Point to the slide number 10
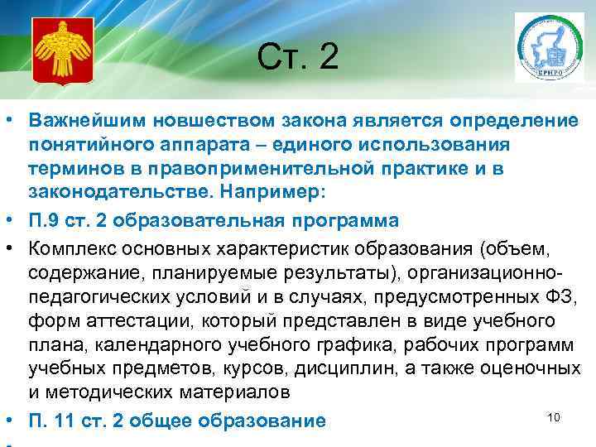pyautogui.click(x=554, y=416)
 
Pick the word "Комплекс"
pyautogui.click(x=72, y=247)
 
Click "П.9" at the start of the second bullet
pyautogui.click(x=46, y=221)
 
